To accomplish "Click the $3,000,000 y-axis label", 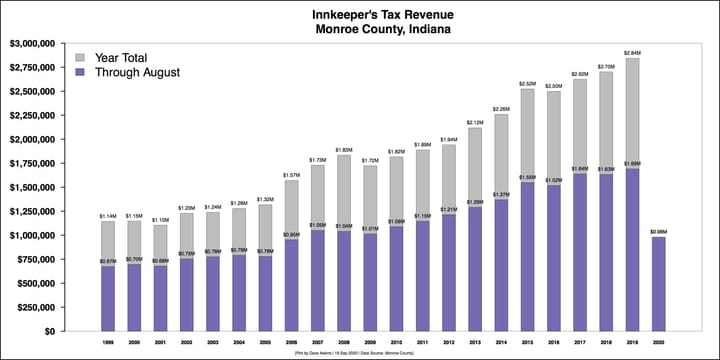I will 36,43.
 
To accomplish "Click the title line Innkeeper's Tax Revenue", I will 359,13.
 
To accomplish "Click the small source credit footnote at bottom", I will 359,353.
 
